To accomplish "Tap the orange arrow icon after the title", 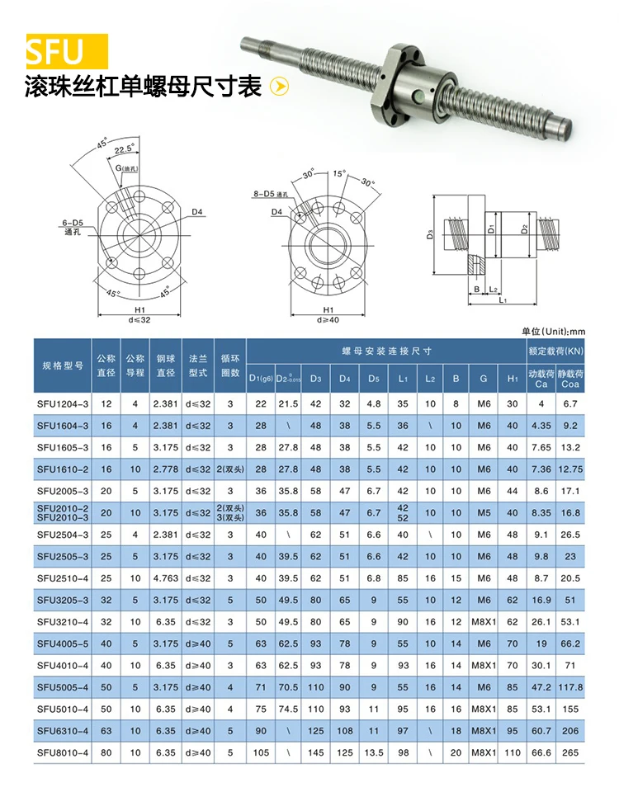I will coord(280,87).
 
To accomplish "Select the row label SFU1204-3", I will coord(63,403).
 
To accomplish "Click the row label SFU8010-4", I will coord(63,752).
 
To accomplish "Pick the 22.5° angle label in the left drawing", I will coord(125,149).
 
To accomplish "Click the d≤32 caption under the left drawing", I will coord(139,319).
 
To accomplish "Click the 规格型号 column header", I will coord(63,365).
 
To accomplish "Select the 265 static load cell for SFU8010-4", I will coord(569,752).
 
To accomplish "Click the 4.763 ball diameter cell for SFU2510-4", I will coord(164,578).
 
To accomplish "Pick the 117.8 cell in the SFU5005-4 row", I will coord(569,687).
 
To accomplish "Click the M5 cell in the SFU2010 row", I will coord(483,512).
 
